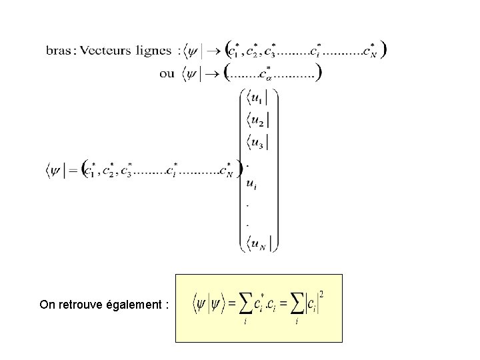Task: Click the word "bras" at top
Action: (58, 51)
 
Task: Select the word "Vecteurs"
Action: (106, 51)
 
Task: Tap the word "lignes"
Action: (154, 51)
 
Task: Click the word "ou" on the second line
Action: (167, 72)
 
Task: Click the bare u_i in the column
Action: (251, 183)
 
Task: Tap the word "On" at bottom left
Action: (47, 305)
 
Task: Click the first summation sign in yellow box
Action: (243, 303)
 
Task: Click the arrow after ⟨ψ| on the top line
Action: (213, 51)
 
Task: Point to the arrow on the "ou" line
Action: (213, 72)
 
